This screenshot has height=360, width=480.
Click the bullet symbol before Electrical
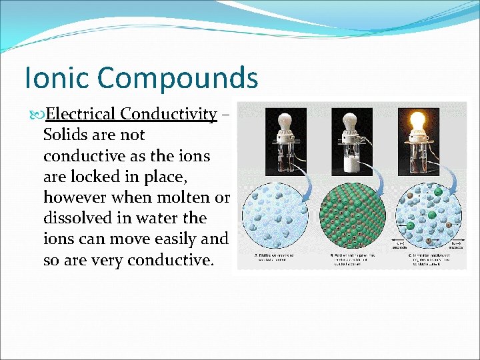[38, 115]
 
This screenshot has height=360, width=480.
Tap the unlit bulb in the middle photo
[353, 125]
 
